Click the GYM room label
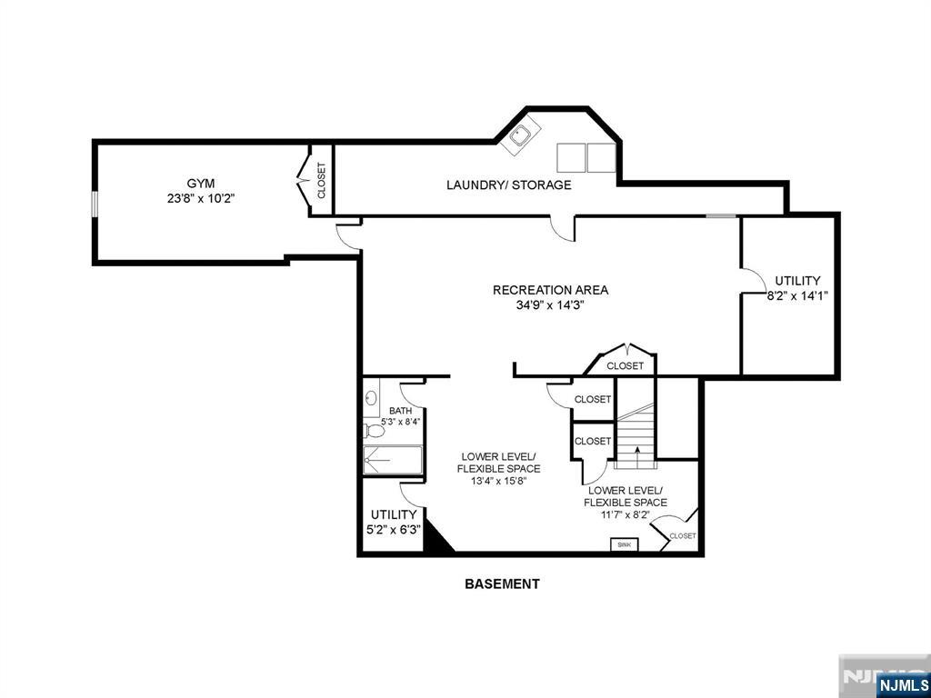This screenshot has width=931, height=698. point(201,183)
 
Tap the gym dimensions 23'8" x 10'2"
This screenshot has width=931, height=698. point(201,197)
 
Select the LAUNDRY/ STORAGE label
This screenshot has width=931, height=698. point(508,185)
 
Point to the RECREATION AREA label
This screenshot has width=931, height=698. point(550,290)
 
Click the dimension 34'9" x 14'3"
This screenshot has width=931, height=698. point(550,305)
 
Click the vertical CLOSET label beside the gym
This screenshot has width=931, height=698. point(321,180)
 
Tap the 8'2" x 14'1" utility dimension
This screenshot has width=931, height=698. point(796,295)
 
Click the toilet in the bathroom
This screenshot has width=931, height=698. point(371,430)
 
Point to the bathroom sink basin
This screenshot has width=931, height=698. point(370,398)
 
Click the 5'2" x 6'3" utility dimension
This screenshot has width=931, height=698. point(391,530)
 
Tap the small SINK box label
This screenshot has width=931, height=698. point(624,544)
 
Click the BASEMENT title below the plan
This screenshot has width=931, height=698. point(502,584)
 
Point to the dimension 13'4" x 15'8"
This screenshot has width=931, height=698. point(498,482)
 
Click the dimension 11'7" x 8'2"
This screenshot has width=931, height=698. point(626,514)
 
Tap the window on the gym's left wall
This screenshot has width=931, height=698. point(94,204)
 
